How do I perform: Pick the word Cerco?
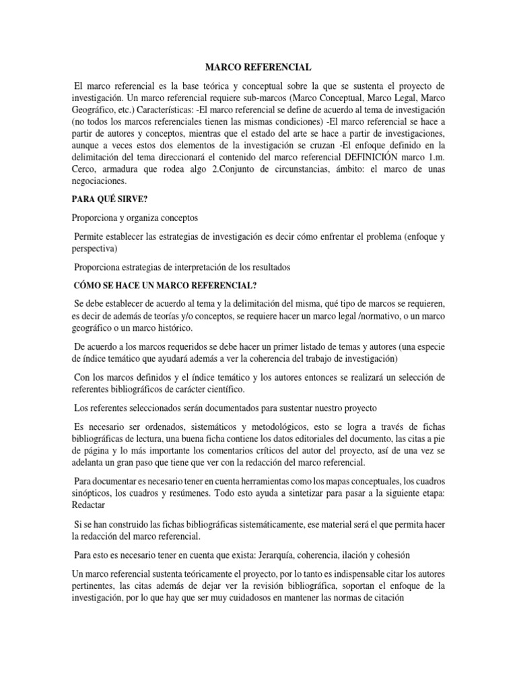pos(85,168)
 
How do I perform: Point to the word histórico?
pos(173,327)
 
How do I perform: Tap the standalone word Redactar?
pos(90,505)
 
